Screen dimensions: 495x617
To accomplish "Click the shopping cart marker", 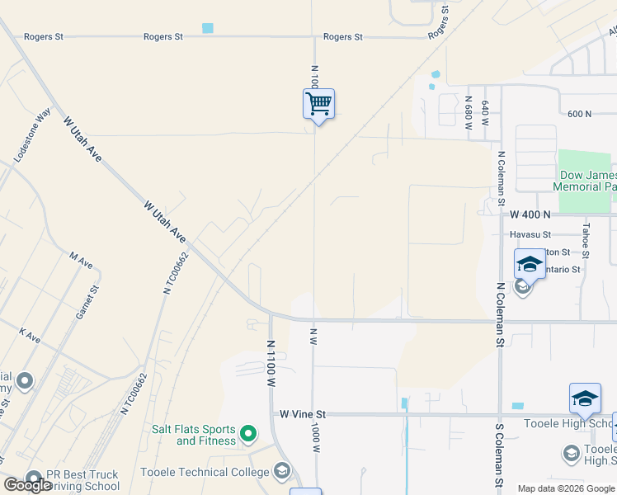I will point(318,105).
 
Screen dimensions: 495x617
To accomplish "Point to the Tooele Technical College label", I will point(205,472).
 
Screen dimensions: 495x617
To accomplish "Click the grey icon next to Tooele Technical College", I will point(282,471).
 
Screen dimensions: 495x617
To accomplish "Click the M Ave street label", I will point(82,260).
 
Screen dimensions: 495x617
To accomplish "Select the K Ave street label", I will point(30,336).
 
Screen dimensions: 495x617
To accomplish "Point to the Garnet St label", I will point(93,302).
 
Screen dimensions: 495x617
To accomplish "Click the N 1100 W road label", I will point(271,363).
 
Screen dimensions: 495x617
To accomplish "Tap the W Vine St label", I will point(303,414).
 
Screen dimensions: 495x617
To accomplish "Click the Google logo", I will point(28,485).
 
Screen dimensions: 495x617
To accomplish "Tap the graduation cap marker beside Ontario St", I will point(529,265).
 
